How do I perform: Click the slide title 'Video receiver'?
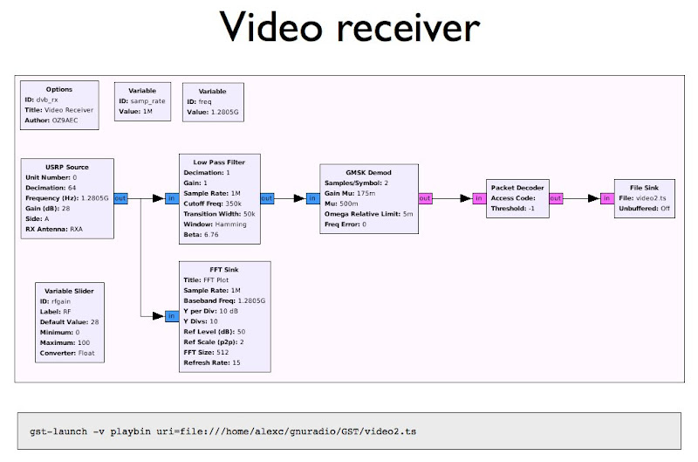[x=349, y=30]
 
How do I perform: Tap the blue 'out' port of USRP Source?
[x=120, y=198]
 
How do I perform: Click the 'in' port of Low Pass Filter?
[x=172, y=198]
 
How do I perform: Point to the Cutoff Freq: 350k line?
[x=213, y=203]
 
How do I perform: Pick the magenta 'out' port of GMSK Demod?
[x=425, y=198]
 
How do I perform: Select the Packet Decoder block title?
[x=517, y=187]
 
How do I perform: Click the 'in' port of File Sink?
[x=606, y=198]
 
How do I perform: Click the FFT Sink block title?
[x=202, y=269]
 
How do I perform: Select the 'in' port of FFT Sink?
[x=172, y=315]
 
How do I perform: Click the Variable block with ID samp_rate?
[x=142, y=100]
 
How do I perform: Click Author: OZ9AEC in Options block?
[x=56, y=121]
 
